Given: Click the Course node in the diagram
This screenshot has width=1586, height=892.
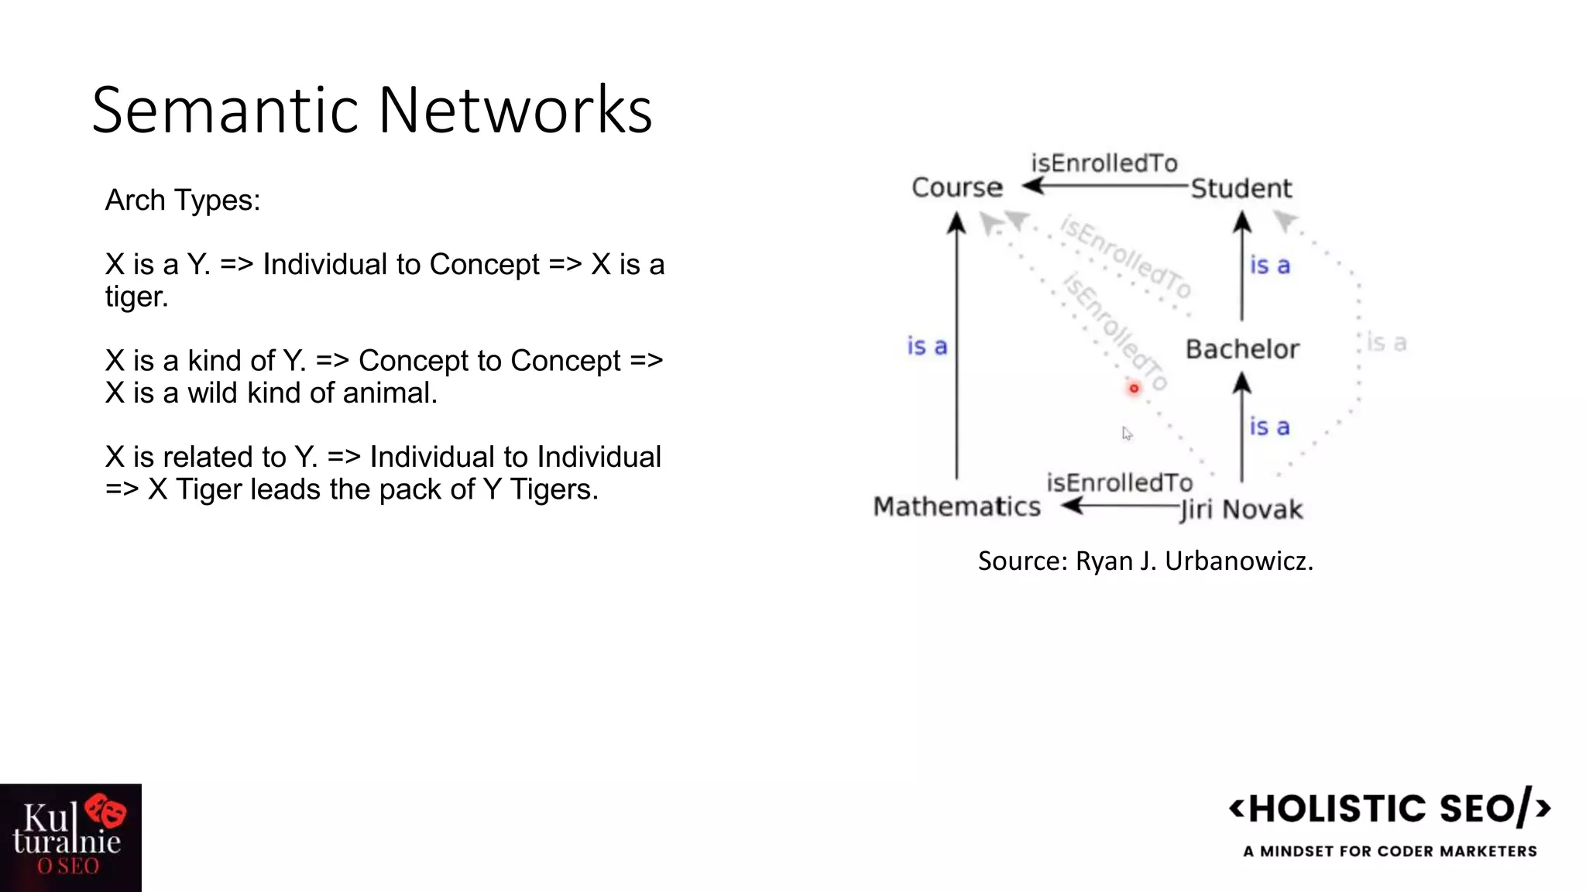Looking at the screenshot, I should pyautogui.click(x=956, y=187).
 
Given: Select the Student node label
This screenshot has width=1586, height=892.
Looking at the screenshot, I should pyautogui.click(x=1241, y=188).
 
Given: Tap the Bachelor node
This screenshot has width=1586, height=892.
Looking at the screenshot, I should pyautogui.click(x=1242, y=349).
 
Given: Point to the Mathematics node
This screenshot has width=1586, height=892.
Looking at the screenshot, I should pyautogui.click(x=956, y=506).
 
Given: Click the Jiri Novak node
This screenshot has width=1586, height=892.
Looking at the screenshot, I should pyautogui.click(x=1241, y=509).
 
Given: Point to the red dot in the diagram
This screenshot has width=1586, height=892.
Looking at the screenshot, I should pyautogui.click(x=1134, y=388).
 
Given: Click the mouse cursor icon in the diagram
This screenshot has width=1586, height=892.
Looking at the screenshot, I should pyautogui.click(x=1127, y=434).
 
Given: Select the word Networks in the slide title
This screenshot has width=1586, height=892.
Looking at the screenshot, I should pyautogui.click(x=515, y=110).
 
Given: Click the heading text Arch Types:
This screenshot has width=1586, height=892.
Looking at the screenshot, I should pyautogui.click(x=183, y=201).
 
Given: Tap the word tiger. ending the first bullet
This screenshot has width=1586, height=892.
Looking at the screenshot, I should pyautogui.click(x=136, y=297).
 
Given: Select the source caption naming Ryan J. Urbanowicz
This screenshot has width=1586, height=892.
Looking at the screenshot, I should pyautogui.click(x=1145, y=561).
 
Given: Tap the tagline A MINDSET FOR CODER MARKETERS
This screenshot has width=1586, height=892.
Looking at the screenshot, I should pyautogui.click(x=1389, y=851).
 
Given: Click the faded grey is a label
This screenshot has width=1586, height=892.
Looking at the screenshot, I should pyautogui.click(x=1385, y=342).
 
